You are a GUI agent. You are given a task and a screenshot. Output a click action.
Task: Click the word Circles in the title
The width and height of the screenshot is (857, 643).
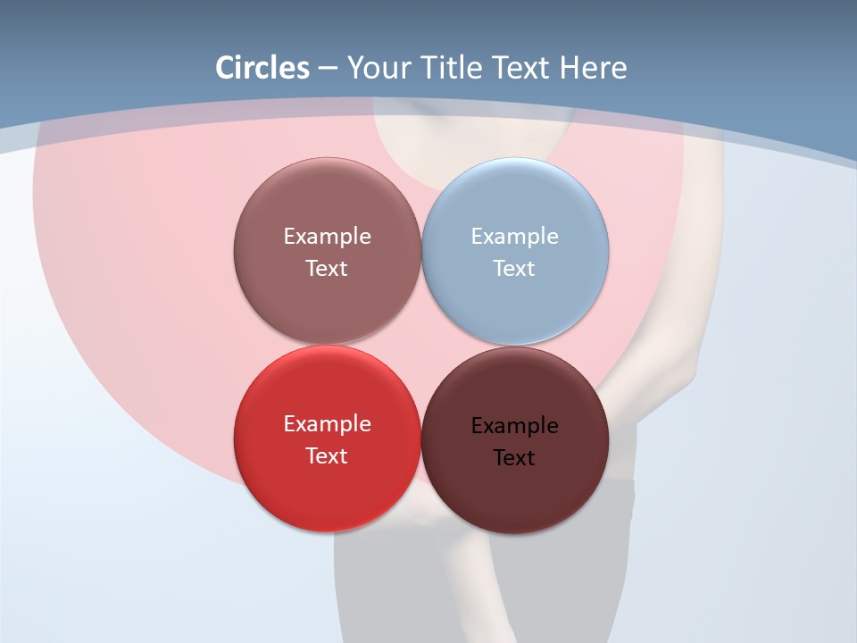(x=262, y=68)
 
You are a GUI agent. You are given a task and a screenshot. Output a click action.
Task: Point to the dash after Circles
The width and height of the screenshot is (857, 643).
(x=328, y=69)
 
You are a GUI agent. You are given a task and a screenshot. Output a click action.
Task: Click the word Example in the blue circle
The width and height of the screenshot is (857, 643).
(x=514, y=237)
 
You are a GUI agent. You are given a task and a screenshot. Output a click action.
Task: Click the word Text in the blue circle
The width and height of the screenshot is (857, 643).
(x=514, y=269)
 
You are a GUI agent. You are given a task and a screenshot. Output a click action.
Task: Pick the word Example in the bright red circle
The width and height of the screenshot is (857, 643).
(x=327, y=424)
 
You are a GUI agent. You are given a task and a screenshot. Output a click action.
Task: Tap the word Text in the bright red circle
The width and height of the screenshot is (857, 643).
(x=327, y=456)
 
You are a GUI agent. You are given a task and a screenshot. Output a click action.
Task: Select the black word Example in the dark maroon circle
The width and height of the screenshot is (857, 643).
(x=514, y=426)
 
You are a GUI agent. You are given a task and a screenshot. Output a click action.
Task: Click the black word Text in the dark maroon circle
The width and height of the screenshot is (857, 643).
(x=514, y=458)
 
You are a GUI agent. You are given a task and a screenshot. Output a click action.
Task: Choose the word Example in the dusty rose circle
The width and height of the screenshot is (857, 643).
(x=327, y=237)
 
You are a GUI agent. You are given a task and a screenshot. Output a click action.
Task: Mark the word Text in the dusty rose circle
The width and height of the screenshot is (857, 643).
(x=327, y=269)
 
